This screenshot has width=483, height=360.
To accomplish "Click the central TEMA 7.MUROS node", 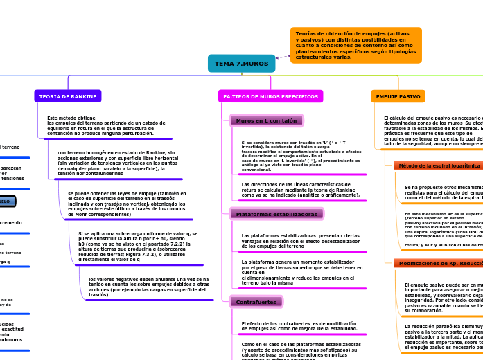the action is point(241,64).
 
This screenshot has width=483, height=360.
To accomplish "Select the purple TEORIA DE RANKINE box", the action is point(68,96).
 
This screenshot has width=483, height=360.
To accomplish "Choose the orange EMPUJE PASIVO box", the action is point(398,96).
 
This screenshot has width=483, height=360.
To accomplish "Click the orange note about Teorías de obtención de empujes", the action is point(355,45).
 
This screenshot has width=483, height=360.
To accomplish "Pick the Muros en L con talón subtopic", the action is point(266,120).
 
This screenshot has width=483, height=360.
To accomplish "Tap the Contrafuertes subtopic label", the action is point(256,302).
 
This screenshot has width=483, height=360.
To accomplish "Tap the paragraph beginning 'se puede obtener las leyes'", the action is point(126,204).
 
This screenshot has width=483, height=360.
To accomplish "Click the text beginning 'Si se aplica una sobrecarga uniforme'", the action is point(137,246).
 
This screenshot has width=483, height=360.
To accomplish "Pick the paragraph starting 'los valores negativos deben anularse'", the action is point(148,287).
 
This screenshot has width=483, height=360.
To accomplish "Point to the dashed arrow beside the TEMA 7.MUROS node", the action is point(283,56).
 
